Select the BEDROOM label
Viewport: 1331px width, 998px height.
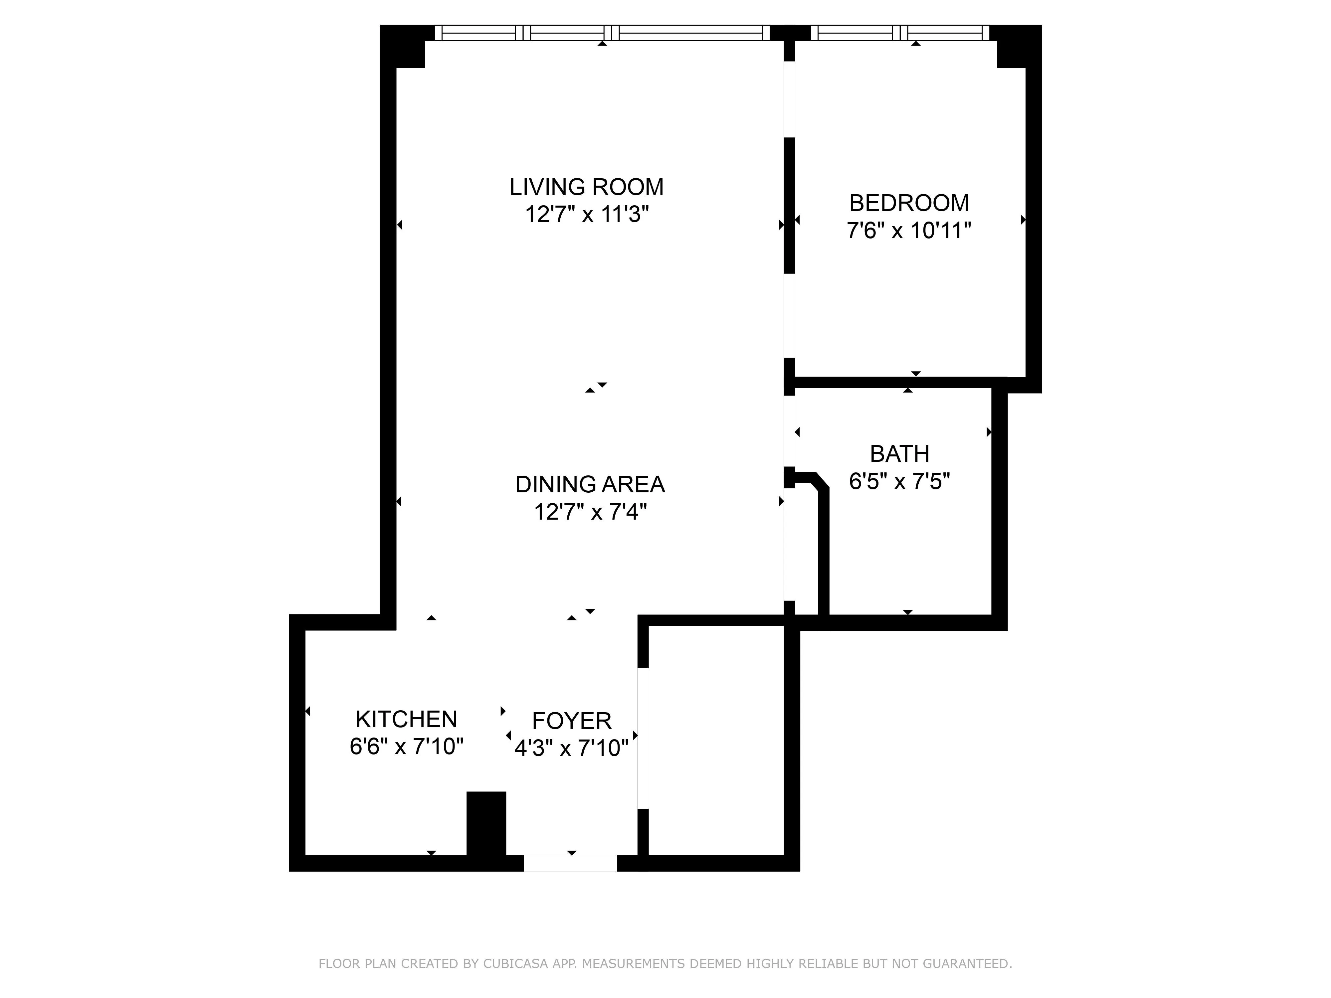pyautogui.click(x=909, y=203)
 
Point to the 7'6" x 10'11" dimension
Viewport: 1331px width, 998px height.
pyautogui.click(x=909, y=231)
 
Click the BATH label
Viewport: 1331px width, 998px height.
pyautogui.click(x=899, y=453)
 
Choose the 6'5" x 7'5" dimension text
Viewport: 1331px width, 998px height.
pyautogui.click(x=899, y=481)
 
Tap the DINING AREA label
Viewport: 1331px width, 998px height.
pyautogui.click(x=590, y=484)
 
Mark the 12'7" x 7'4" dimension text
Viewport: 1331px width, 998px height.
pyautogui.click(x=590, y=512)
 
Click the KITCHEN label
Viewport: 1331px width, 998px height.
pyautogui.click(x=406, y=720)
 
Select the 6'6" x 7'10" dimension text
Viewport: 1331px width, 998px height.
pyautogui.click(x=406, y=747)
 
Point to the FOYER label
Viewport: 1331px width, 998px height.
pyautogui.click(x=572, y=721)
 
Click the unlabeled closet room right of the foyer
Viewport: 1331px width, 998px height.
pyautogui.click(x=716, y=740)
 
